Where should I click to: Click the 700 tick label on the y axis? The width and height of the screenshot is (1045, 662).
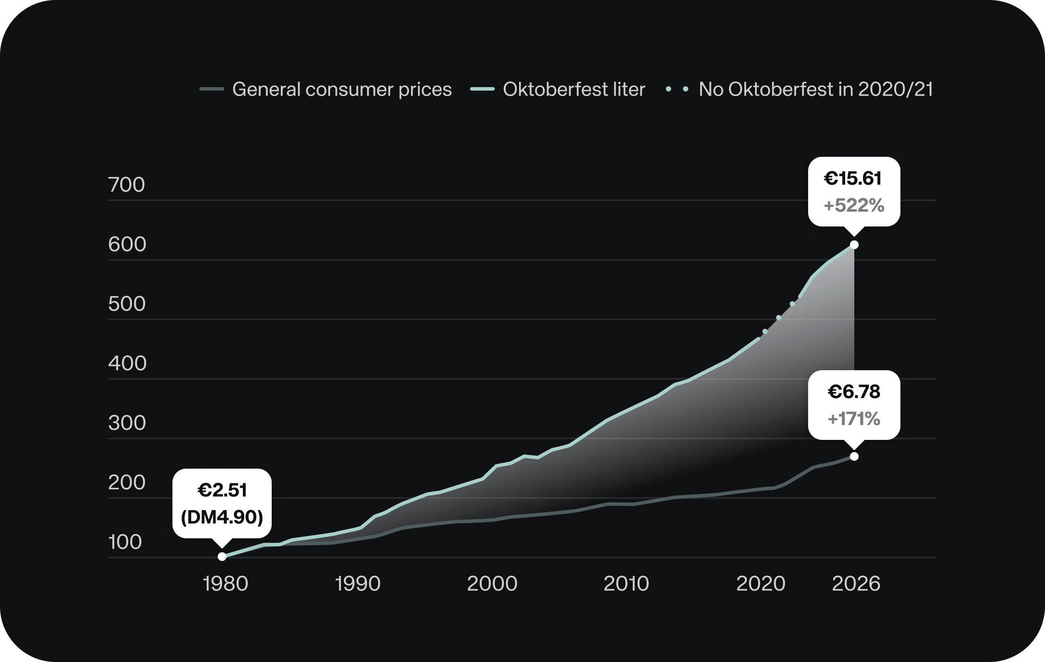click(x=126, y=185)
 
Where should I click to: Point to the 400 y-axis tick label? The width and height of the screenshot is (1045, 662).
click(x=127, y=363)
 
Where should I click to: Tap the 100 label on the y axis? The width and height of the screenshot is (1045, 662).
click(x=125, y=542)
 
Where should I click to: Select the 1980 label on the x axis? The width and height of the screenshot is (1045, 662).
click(x=226, y=584)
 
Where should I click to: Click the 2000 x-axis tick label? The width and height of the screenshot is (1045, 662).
click(x=492, y=584)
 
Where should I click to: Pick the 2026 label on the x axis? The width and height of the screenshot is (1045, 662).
click(x=856, y=584)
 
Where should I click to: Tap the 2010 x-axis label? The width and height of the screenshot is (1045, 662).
click(x=626, y=584)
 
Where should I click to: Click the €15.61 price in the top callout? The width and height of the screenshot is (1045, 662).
click(x=853, y=179)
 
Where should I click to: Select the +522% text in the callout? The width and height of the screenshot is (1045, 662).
click(x=854, y=206)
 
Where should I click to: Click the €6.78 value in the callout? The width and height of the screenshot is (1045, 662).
click(x=854, y=392)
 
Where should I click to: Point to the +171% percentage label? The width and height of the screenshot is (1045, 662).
click(x=854, y=419)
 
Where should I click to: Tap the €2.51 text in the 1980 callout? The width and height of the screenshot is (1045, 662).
click(x=222, y=490)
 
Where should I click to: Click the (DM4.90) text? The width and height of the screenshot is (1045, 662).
click(x=222, y=517)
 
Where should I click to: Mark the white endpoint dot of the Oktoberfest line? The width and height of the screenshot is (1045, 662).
click(x=854, y=245)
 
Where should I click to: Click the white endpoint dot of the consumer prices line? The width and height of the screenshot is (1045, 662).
click(x=854, y=456)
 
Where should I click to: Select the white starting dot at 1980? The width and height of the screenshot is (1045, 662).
click(x=222, y=556)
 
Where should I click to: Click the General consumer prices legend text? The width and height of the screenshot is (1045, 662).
click(x=342, y=89)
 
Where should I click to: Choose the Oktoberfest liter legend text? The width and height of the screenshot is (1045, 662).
click(x=574, y=89)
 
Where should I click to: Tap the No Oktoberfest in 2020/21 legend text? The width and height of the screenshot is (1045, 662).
click(x=816, y=89)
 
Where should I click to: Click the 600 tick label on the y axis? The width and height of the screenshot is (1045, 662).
click(x=127, y=244)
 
